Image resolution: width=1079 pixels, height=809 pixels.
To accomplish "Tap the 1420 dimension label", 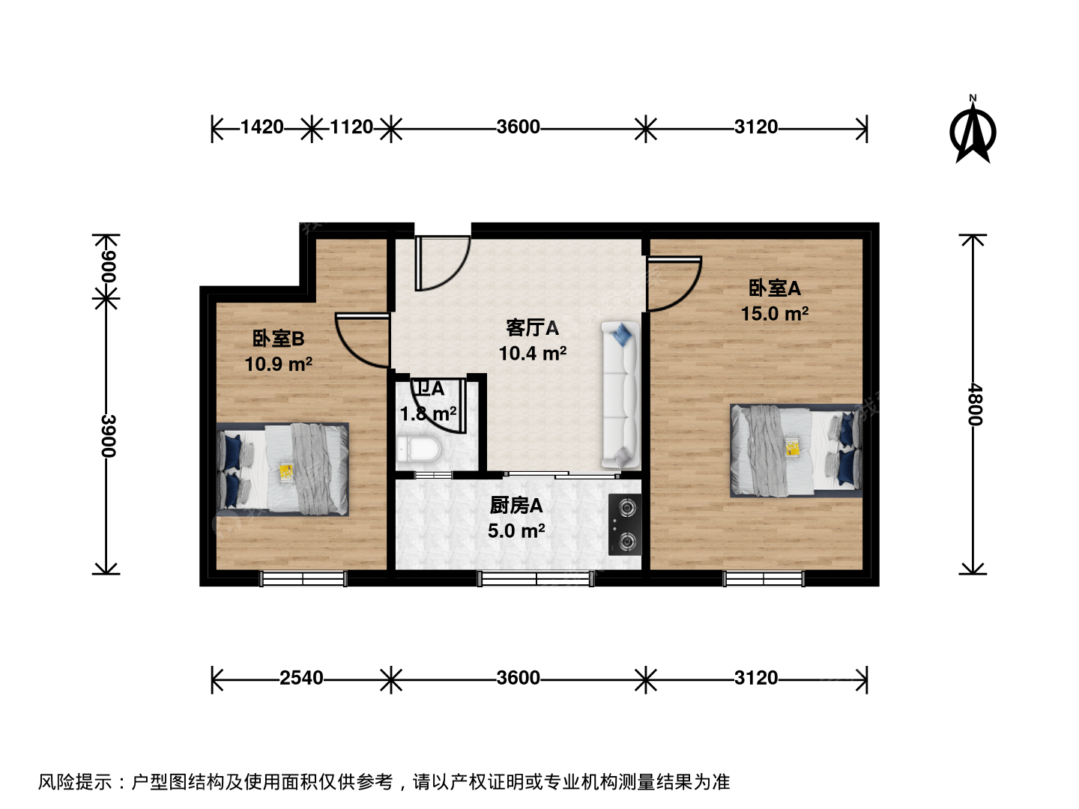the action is pos(262,127).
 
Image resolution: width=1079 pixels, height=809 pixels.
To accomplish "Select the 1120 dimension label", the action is pos(351,127).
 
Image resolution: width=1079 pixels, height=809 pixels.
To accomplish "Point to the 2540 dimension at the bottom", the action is pos(301,678).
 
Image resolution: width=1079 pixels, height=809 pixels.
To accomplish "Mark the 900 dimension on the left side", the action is pos(108,267).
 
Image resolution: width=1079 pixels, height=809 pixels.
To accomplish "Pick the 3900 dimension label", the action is pos(108,436).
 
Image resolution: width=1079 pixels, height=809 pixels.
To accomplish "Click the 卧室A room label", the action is pos(774,288).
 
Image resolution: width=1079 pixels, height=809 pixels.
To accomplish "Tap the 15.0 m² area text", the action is pos(774,313).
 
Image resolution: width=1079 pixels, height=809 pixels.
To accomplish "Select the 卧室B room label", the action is pos(278,339).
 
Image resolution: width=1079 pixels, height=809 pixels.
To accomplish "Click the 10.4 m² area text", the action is pos(532,353).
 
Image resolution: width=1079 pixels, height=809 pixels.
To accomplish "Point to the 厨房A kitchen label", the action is pos(516,506).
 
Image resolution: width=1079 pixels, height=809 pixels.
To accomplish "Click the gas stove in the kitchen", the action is pos(625,524).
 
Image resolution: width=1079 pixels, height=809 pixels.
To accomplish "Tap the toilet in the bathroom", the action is pos(418,449).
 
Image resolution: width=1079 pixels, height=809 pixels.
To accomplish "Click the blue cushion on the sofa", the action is pos(623,334).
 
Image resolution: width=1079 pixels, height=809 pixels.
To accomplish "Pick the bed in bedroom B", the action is pos(282,470).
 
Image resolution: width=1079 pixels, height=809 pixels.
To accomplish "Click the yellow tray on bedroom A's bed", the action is pos(792,447).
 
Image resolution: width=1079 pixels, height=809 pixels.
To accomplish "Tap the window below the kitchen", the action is pos(536,578).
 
